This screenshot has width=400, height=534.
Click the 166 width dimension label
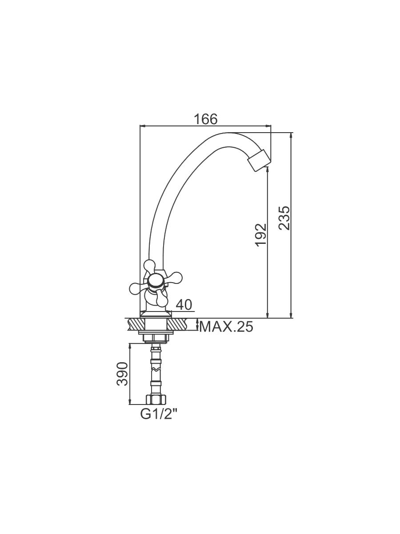206,119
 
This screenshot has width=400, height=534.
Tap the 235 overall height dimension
284,218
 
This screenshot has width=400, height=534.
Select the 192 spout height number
261,235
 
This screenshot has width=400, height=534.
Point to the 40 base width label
184,304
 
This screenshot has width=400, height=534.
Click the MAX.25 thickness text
226,327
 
